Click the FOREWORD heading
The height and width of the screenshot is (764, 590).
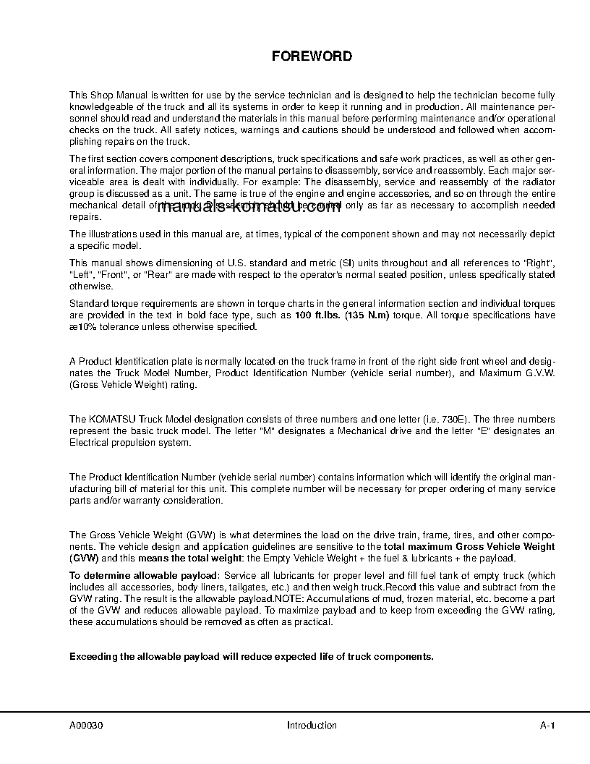pos(312,56)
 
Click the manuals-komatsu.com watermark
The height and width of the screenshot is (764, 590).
pos(248,208)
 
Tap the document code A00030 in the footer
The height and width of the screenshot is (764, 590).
pos(87,726)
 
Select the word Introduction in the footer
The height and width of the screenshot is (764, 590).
pos(312,726)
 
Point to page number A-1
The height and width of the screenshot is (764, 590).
pos(547,726)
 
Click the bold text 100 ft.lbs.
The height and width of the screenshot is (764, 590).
pos(317,316)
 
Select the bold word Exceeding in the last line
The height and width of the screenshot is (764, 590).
pos(93,657)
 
